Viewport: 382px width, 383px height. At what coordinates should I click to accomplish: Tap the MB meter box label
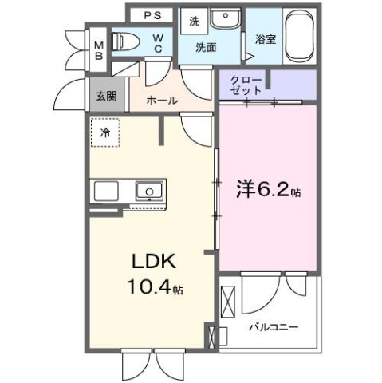coord(100,49)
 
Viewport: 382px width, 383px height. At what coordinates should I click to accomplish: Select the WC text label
coord(158,43)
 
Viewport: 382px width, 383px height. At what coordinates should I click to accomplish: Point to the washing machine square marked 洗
coord(194,22)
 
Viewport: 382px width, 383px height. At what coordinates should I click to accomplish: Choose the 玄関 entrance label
coord(106,96)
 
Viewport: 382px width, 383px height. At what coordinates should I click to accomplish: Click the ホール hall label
coord(163,101)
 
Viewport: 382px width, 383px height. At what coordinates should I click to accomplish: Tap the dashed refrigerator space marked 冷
coord(105,133)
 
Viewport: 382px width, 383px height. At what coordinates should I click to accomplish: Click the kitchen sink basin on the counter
coord(148,191)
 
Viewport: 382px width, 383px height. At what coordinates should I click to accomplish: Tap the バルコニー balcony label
coord(273,327)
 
